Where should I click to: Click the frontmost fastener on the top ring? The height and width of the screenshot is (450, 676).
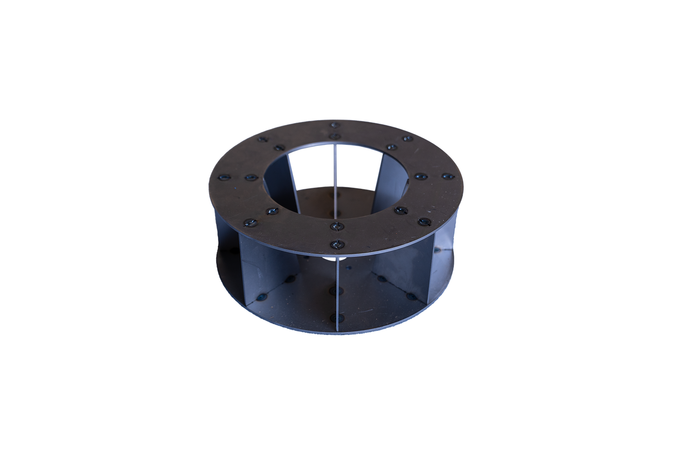point(336,244)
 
